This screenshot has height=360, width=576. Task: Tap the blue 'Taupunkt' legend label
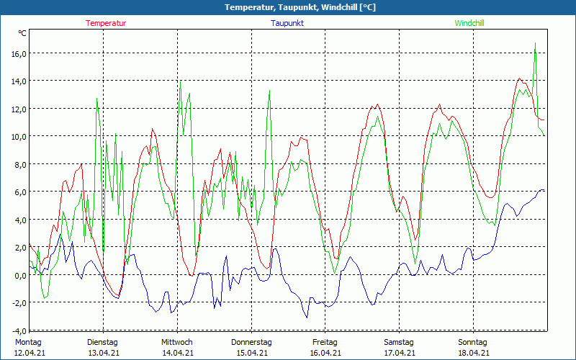[x=287, y=23]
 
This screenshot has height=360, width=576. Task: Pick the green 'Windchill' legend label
[x=469, y=23]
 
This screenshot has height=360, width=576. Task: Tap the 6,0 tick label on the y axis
[x=19, y=192]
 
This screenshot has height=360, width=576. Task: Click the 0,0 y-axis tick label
[x=19, y=275]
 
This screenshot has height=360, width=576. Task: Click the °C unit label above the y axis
[x=22, y=33]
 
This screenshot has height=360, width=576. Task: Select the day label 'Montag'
[x=28, y=342]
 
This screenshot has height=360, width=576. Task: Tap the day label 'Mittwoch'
[x=176, y=342]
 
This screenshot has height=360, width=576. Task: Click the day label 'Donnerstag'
[x=251, y=342]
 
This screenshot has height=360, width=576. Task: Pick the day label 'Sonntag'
[x=473, y=342]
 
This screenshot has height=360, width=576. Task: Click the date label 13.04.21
[x=103, y=353]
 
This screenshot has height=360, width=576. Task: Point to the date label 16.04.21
[x=325, y=353]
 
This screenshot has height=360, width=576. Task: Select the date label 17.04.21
[x=399, y=353]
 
